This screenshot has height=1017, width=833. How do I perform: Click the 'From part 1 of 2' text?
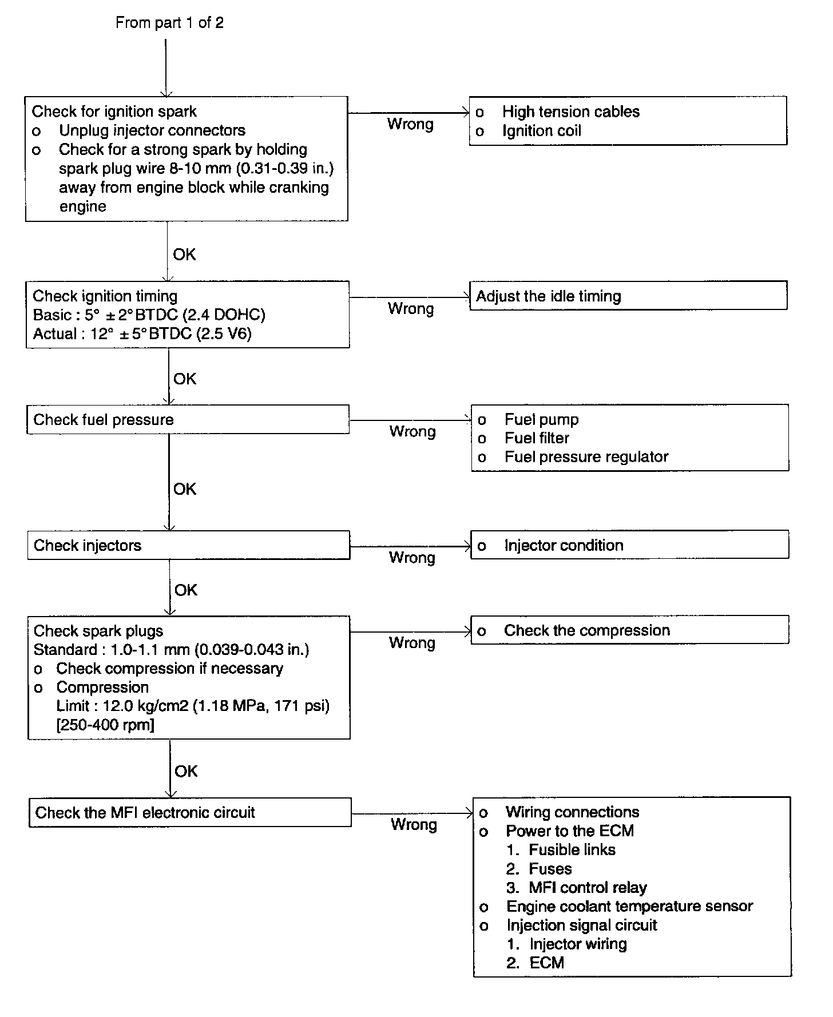pos(169,23)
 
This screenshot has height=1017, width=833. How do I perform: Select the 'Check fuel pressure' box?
pos(188,420)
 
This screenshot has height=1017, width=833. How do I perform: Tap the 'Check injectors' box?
pos(188,545)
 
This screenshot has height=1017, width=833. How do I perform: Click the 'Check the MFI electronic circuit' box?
pos(190,812)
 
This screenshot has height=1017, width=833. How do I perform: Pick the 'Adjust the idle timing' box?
pos(628,296)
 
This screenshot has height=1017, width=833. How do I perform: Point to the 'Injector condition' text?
pos(564,545)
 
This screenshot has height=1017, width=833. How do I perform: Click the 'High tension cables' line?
pos(570,112)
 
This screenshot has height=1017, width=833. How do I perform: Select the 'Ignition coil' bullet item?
pos(541,131)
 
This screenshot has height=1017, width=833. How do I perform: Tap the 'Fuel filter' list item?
pos(537,438)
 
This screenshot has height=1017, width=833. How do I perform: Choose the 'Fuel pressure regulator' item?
pos(586,457)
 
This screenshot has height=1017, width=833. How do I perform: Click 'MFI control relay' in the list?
pos(588,887)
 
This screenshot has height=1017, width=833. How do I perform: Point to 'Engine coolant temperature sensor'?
pos(629,906)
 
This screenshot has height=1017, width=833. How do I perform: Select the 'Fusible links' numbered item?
pos(572,849)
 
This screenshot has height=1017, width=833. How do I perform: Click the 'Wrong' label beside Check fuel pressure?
pos(412,431)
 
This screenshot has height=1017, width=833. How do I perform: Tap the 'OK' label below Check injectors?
pos(186,590)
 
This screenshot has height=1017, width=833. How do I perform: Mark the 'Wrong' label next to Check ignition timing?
pos(411,309)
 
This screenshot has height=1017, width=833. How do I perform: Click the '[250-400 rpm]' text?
pos(105,725)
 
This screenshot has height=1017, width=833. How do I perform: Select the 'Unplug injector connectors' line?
pos(152,130)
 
